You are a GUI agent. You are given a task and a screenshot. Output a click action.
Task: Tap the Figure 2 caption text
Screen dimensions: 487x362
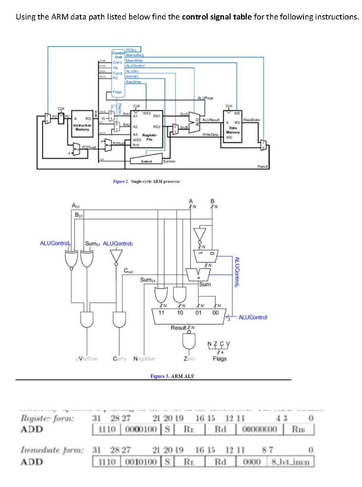coord(146,181)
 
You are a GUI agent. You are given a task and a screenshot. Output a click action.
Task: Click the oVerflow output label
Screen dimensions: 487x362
coord(87,359)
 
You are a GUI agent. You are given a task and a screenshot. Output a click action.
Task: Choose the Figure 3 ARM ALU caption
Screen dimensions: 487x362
coord(170,376)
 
